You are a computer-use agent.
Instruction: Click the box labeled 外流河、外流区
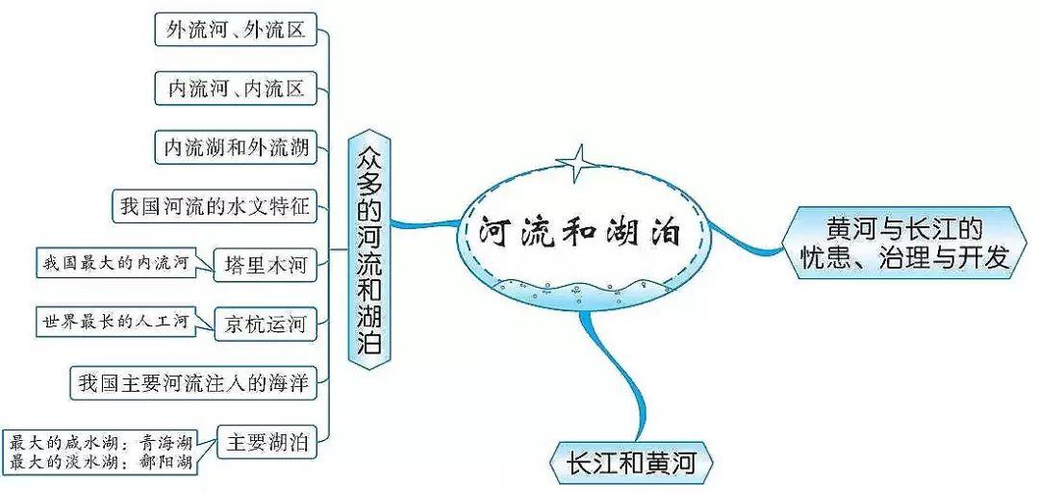[235, 31]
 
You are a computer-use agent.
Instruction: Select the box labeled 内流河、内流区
[236, 90]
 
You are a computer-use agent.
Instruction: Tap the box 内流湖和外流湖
[236, 147]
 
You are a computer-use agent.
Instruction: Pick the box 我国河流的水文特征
[214, 206]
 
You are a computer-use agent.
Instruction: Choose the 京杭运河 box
[265, 324]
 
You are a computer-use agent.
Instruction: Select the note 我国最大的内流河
[114, 260]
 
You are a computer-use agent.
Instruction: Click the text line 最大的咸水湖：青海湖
[101, 444]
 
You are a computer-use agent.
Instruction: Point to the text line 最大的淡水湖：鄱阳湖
[101, 462]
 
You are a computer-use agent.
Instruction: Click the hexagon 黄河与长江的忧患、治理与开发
[903, 243]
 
